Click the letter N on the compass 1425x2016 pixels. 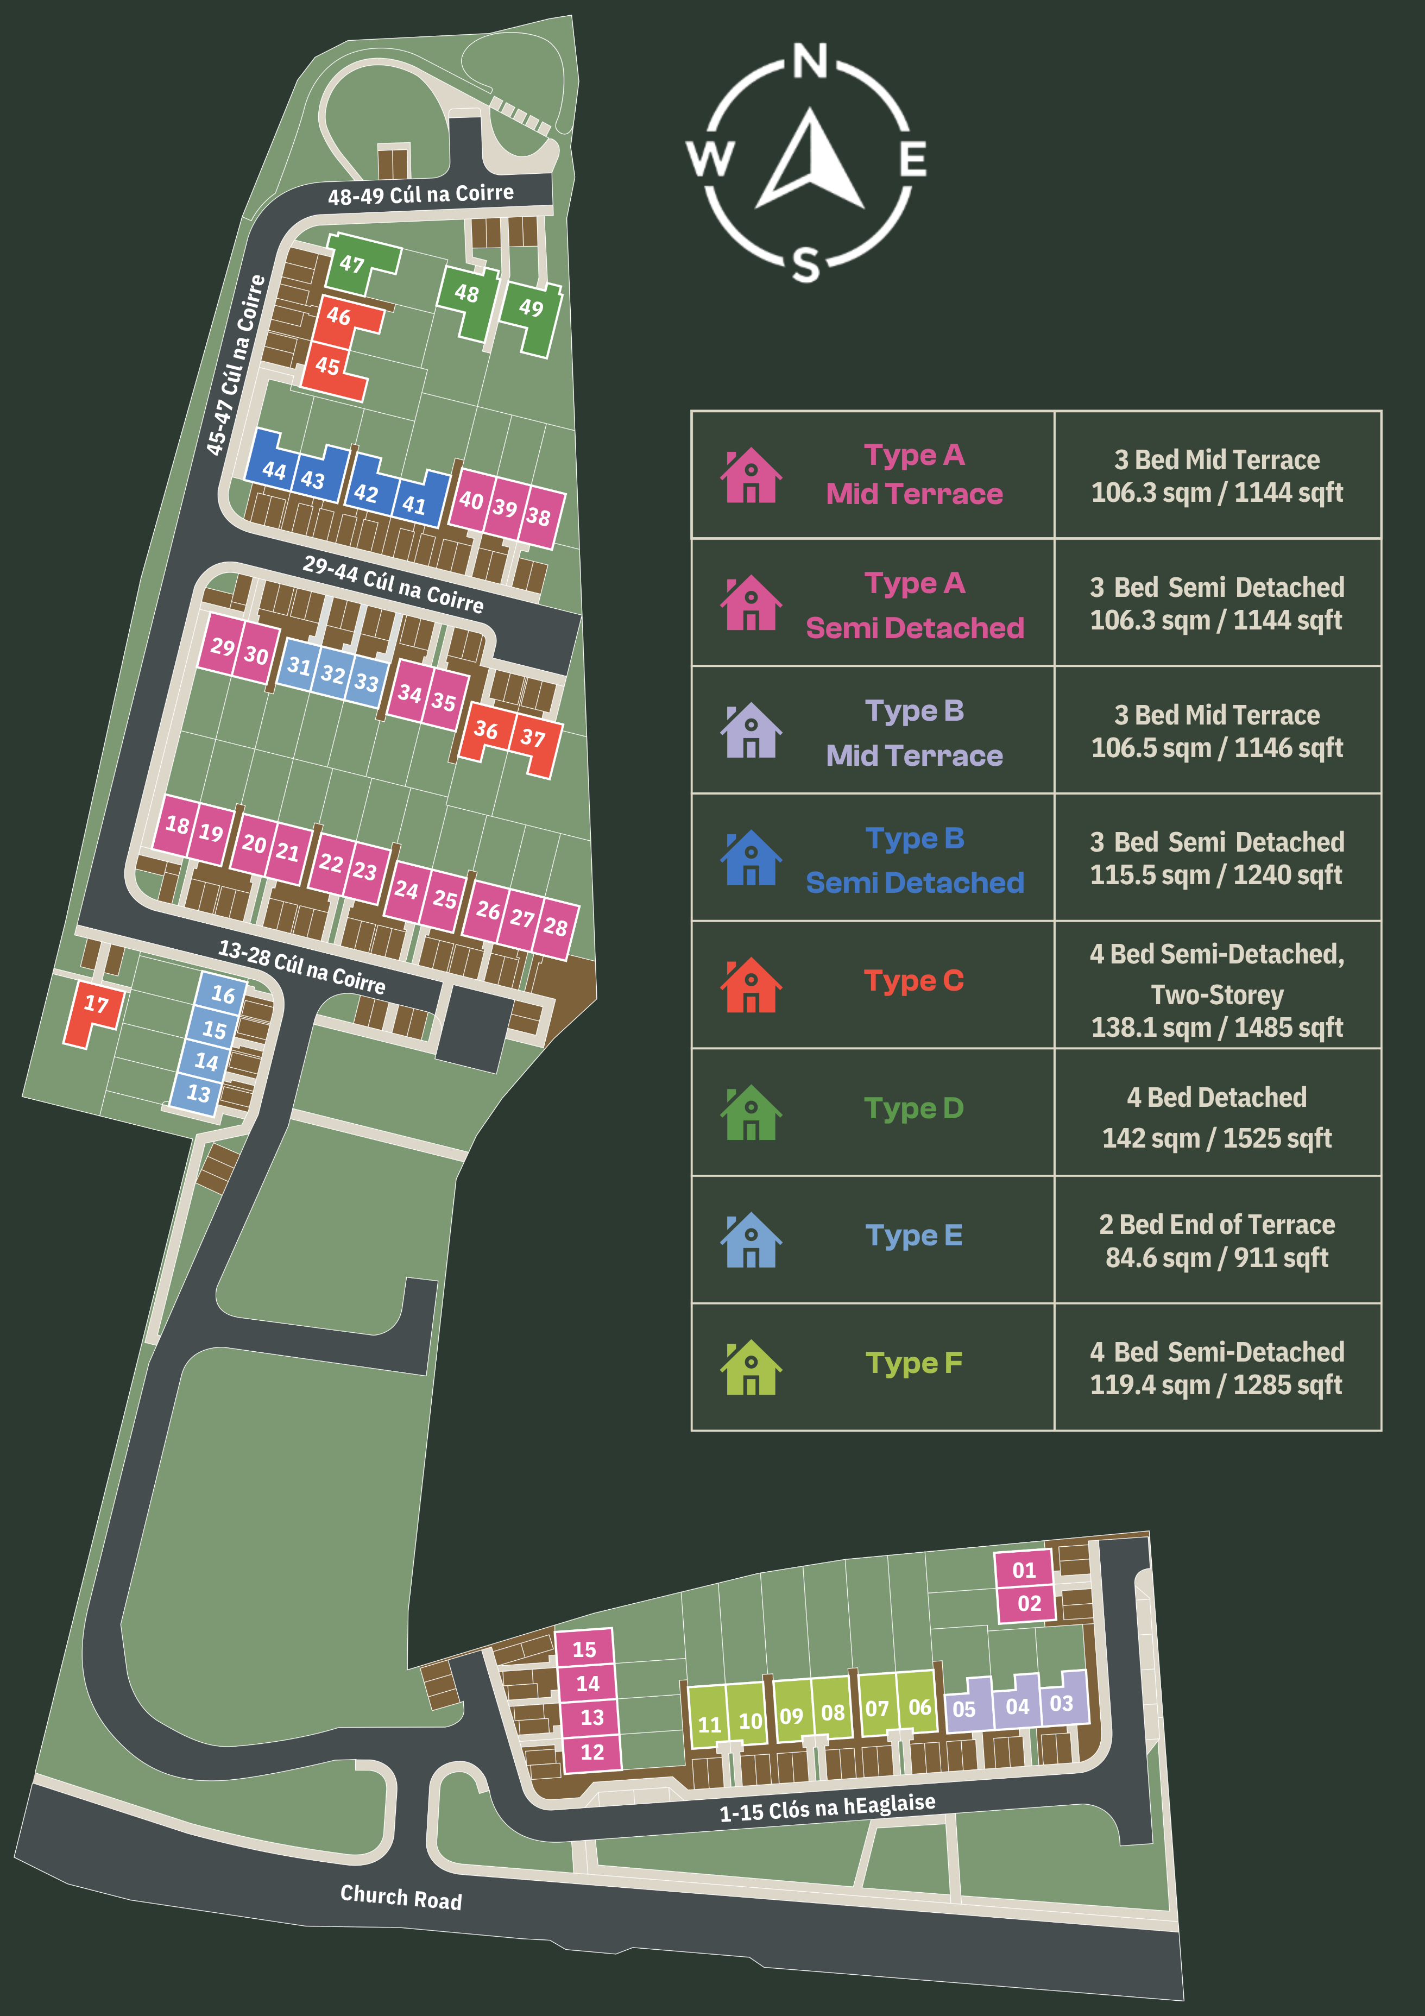click(810, 61)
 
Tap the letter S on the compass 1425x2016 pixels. click(806, 263)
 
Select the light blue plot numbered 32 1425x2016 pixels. click(333, 675)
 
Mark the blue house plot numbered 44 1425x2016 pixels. click(274, 471)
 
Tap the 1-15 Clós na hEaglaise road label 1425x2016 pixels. click(827, 1807)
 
